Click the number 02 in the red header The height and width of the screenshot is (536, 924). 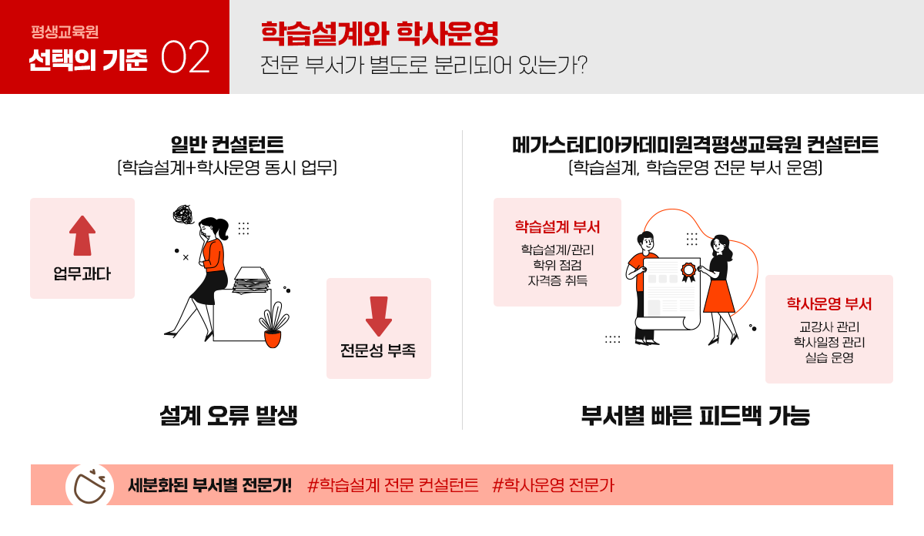click(x=186, y=59)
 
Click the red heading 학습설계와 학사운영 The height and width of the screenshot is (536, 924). click(x=380, y=33)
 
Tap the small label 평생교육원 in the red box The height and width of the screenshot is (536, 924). click(x=65, y=33)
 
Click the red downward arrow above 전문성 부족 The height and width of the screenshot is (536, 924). click(x=378, y=317)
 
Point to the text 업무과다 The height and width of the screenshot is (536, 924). click(x=82, y=273)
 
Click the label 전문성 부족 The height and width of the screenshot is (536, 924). click(x=378, y=351)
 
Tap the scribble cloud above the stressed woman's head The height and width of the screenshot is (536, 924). click(x=186, y=215)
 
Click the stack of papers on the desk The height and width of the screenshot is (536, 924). click(x=252, y=280)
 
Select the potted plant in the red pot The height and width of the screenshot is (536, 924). click(x=273, y=328)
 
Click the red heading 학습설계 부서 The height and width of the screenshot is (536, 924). click(x=557, y=227)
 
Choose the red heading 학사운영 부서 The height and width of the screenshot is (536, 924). click(x=829, y=304)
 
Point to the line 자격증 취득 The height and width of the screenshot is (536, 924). click(x=557, y=280)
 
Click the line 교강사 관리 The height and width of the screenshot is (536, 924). click(x=829, y=327)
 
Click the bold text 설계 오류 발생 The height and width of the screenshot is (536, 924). click(x=229, y=416)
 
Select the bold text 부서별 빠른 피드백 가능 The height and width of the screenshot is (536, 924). click(x=695, y=416)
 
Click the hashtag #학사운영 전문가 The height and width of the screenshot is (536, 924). click(x=553, y=485)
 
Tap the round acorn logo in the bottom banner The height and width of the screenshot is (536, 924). click(x=90, y=486)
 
